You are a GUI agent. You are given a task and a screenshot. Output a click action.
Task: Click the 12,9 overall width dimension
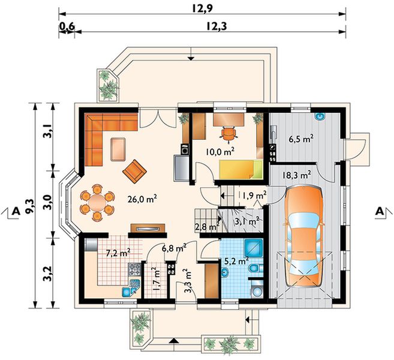point(203,8)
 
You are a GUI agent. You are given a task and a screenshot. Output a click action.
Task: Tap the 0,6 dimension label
point(67,26)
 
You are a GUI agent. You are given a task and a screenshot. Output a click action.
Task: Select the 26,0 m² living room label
point(142,199)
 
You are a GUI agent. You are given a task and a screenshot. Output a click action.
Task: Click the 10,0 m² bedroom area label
point(220,152)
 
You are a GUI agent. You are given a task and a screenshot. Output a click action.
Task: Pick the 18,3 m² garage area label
point(296,175)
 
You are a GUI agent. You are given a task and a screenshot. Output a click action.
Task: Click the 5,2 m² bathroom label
point(236,261)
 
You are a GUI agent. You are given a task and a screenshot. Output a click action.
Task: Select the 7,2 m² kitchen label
point(118,253)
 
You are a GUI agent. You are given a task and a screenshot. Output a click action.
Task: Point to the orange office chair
point(228,134)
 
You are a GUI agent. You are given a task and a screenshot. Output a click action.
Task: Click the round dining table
point(97,203)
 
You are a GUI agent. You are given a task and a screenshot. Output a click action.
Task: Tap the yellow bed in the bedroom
point(240,170)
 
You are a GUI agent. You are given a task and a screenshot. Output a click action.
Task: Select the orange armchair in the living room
point(135,172)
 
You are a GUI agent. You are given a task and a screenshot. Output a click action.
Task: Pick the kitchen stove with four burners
point(135,269)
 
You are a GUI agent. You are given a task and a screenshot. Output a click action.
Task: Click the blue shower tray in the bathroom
point(253,248)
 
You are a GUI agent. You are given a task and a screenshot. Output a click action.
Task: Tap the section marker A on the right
point(380,211)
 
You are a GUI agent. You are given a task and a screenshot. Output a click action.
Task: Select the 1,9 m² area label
point(254,195)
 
